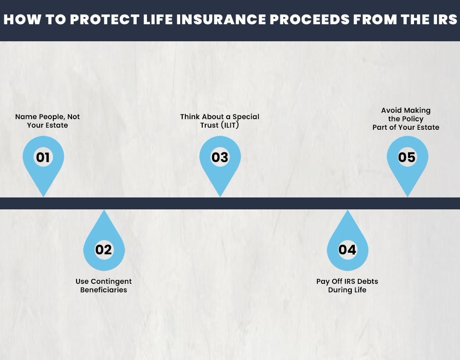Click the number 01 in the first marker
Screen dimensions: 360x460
[x=43, y=157]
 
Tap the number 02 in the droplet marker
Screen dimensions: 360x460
[x=103, y=249]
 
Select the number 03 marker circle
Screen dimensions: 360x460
[x=220, y=157]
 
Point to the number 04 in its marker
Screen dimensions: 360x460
[x=348, y=249]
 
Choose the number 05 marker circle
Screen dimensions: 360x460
[x=407, y=157]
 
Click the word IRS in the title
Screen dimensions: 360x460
[x=444, y=20]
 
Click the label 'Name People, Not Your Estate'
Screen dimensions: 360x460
[x=47, y=121]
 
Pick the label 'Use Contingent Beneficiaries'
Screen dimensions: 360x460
[x=103, y=286]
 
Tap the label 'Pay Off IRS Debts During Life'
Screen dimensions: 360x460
[x=347, y=286]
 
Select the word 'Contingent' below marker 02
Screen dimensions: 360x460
[x=111, y=281]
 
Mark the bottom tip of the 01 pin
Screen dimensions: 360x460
[x=43, y=197]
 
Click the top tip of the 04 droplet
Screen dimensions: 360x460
[x=348, y=210]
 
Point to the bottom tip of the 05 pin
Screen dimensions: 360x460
[x=408, y=197]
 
